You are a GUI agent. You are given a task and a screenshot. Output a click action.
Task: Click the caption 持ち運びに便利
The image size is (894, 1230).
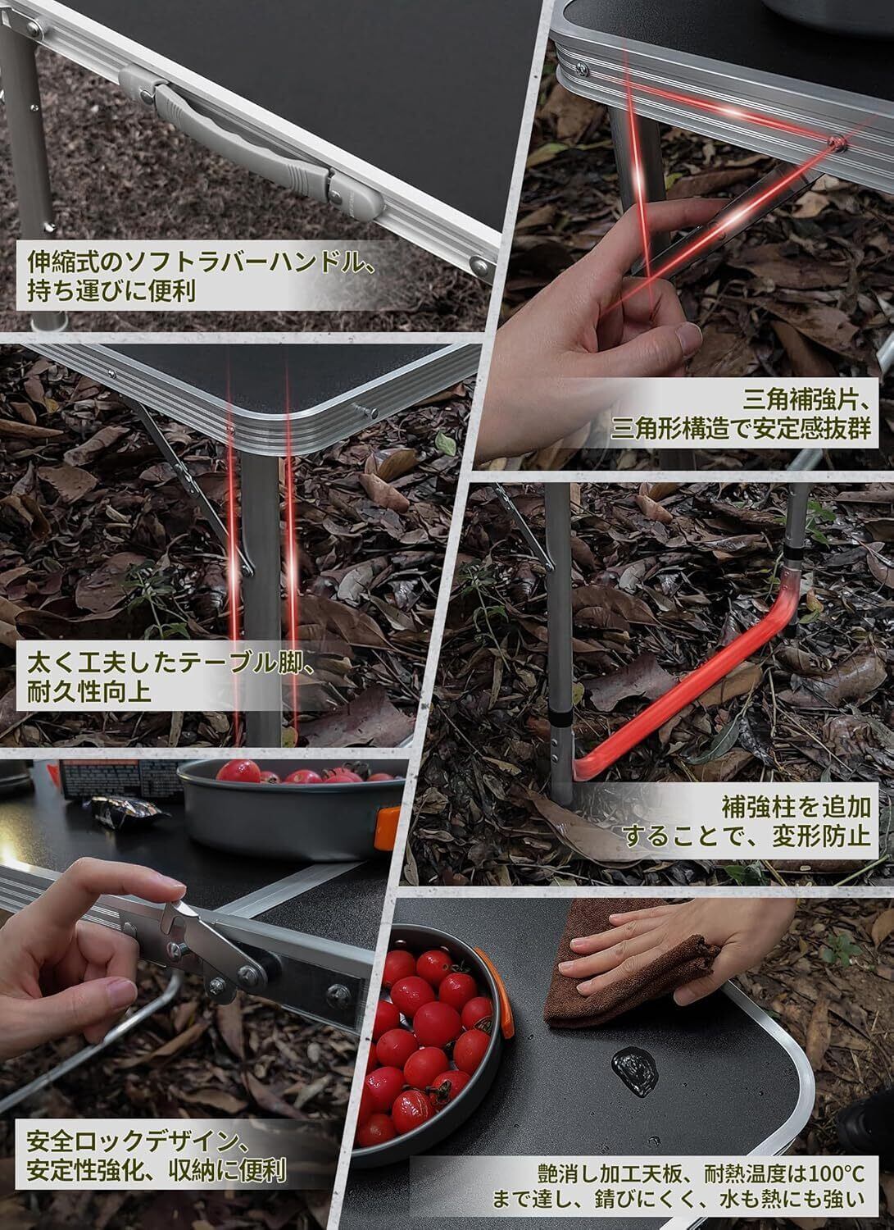pos(111,291)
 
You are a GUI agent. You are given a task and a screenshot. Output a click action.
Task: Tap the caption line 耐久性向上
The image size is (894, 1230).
pos(89,692)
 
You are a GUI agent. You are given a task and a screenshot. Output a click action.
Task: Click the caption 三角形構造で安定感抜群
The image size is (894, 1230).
pos(741,429)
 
